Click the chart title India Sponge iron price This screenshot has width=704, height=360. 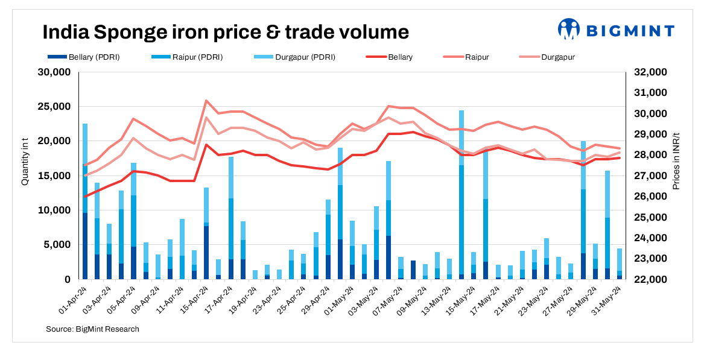(226, 31)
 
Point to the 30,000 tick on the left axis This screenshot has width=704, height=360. (55, 72)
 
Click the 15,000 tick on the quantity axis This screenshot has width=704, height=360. (55, 176)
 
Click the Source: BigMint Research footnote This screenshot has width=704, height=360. (92, 329)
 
